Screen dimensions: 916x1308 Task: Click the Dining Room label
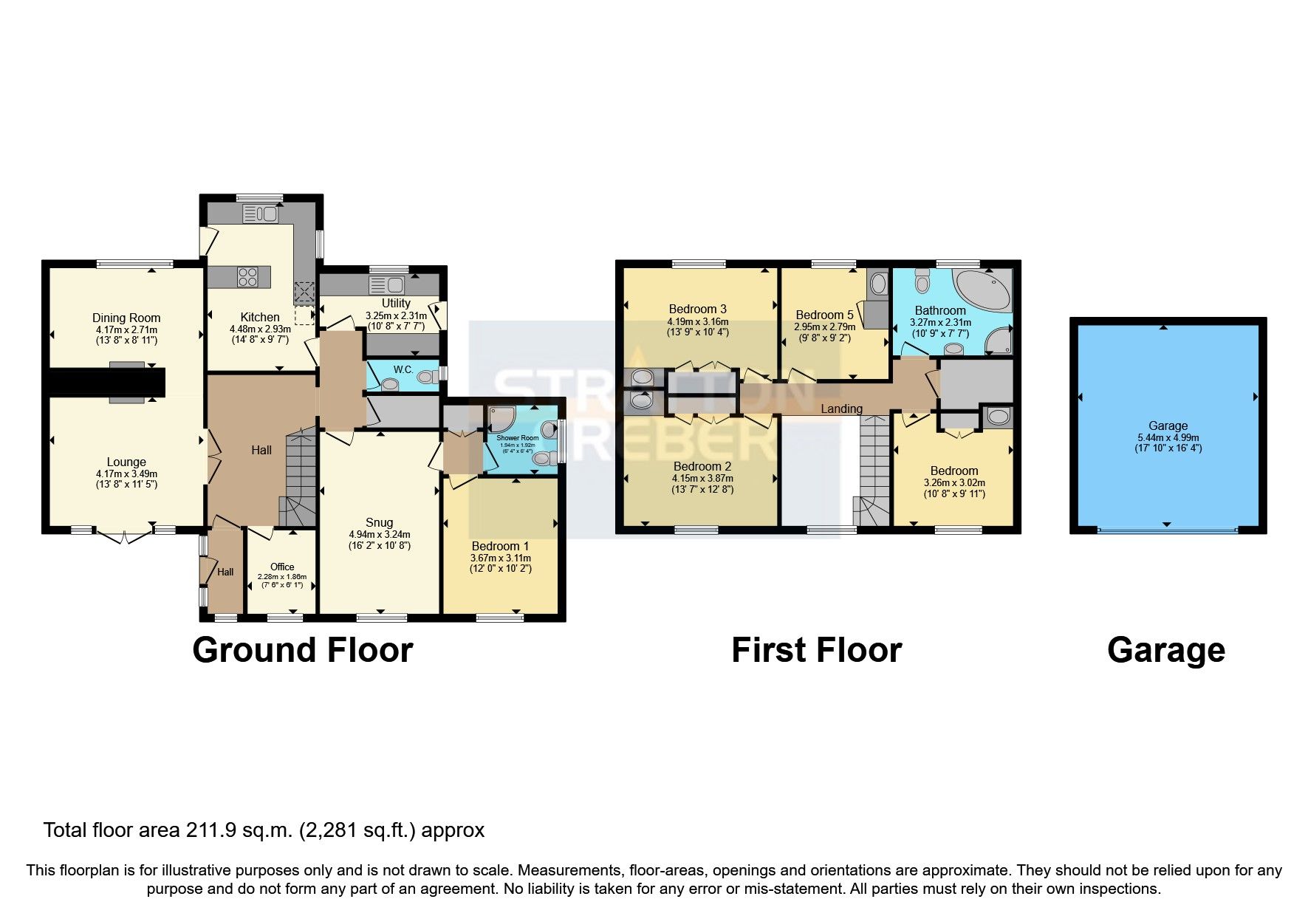pyautogui.click(x=126, y=318)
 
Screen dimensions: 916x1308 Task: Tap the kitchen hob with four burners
pyautogui.click(x=247, y=277)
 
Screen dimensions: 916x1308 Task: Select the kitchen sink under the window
pyautogui.click(x=259, y=214)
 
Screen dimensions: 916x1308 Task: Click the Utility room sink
pyautogui.click(x=386, y=285)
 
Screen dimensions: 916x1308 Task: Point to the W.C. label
pyautogui.click(x=403, y=369)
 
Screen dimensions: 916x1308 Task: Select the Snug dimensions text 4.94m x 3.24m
pyautogui.click(x=380, y=534)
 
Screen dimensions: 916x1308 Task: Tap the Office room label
pyautogui.click(x=282, y=567)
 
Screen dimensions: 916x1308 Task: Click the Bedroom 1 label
pyautogui.click(x=500, y=547)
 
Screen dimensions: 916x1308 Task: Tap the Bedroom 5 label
pyautogui.click(x=824, y=315)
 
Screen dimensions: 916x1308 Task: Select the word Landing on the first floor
pyautogui.click(x=841, y=409)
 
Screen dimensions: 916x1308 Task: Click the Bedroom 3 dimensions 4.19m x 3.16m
pyautogui.click(x=698, y=321)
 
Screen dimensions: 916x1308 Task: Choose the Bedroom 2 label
pyautogui.click(x=702, y=466)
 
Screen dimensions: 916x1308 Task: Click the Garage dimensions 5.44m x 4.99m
pyautogui.click(x=1168, y=437)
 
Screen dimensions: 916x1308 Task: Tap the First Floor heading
pyautogui.click(x=816, y=651)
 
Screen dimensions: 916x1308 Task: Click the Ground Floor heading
pyautogui.click(x=303, y=651)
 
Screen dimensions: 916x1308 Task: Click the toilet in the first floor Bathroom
pyautogui.click(x=922, y=281)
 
